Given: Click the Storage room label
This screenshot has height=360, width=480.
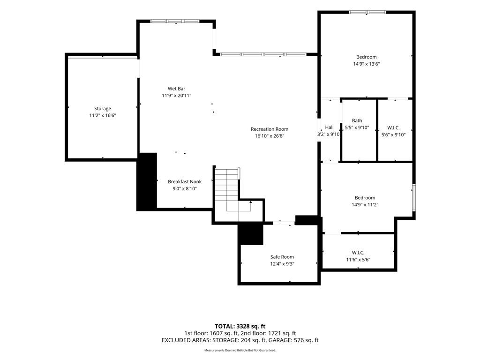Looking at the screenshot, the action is [x=103, y=109].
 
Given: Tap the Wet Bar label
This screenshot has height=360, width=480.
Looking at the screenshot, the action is [x=176, y=89].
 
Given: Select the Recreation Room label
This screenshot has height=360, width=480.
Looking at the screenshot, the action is [x=270, y=129].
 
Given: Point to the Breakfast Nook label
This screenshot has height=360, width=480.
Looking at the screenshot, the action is [x=185, y=182].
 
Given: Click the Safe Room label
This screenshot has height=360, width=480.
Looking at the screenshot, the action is [x=282, y=257].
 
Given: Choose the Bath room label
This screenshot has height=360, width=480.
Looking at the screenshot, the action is [x=357, y=120].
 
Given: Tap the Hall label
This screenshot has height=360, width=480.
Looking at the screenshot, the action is [x=330, y=127].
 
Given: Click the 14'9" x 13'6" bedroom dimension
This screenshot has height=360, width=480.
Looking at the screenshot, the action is [x=367, y=64].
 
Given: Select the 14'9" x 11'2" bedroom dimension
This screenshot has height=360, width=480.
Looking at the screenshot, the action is [x=365, y=205].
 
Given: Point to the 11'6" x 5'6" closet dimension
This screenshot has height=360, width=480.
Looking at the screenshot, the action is [x=358, y=260].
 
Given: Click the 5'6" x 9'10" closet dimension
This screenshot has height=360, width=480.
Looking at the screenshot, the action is [x=393, y=135].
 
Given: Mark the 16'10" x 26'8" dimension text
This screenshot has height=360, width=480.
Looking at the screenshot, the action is [x=270, y=136].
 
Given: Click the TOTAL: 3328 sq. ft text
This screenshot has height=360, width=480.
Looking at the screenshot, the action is [x=240, y=326].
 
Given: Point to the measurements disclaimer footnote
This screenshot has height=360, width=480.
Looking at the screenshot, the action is [x=240, y=350].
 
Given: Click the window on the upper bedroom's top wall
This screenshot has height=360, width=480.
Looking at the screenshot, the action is [x=367, y=12].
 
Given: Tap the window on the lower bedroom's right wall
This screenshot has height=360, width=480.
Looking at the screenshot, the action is [x=413, y=197].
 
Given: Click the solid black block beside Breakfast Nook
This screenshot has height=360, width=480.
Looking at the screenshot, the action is [x=147, y=181].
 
